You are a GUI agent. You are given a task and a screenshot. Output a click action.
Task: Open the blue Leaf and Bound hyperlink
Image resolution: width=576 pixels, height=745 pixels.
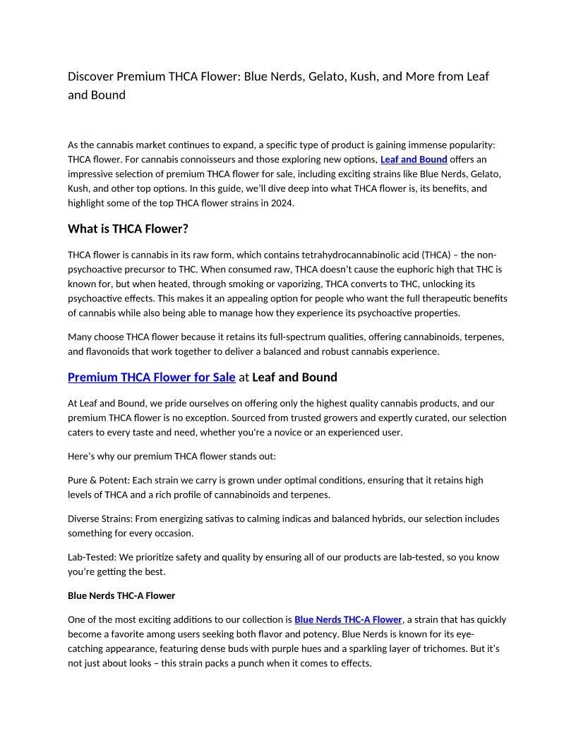click(414, 159)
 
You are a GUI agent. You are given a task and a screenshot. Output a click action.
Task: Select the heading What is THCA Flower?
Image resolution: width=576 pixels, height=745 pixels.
click(128, 229)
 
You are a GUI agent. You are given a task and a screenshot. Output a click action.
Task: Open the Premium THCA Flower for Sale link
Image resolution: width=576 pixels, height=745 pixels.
click(151, 377)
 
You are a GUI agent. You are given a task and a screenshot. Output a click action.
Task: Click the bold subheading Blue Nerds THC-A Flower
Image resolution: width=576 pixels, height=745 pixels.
click(121, 595)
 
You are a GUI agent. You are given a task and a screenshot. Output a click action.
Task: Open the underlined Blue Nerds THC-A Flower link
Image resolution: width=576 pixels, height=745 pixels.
click(348, 619)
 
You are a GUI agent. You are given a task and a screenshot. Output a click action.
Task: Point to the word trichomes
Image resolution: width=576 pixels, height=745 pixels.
click(446, 648)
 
